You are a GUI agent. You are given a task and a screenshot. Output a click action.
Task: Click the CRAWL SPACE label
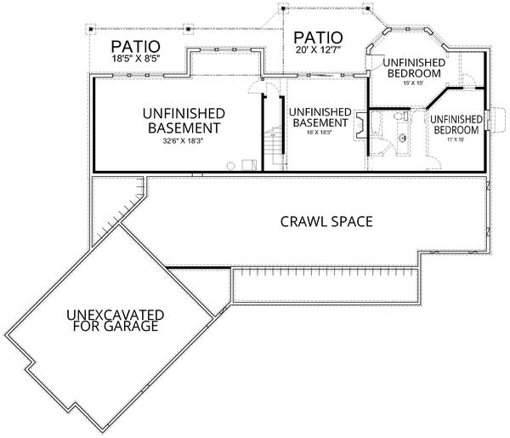(x=327, y=223)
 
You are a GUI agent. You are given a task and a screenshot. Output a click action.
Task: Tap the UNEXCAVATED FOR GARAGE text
(x=115, y=321)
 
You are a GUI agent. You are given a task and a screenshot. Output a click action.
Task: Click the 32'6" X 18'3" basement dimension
(x=184, y=141)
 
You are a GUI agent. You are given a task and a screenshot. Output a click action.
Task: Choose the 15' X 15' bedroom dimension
(x=411, y=82)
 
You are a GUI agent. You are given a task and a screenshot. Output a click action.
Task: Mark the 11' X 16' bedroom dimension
(x=454, y=141)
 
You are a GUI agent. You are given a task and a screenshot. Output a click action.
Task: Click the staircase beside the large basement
(x=272, y=145)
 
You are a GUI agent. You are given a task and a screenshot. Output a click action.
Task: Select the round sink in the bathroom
(x=405, y=136)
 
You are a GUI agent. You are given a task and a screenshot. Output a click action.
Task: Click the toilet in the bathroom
(x=398, y=117)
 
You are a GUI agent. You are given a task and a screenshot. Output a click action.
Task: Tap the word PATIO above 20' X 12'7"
(x=319, y=38)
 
